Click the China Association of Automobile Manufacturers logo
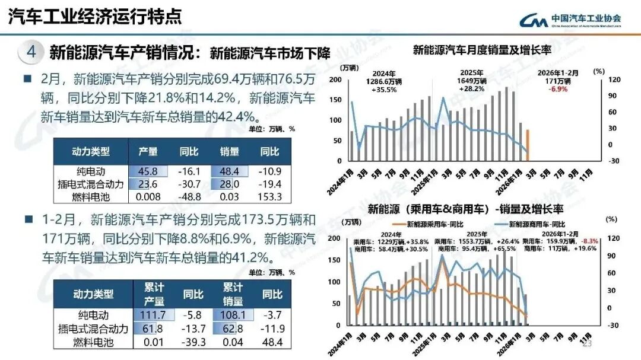pyautogui.click(x=570, y=20)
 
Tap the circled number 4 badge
pyautogui.click(x=31, y=52)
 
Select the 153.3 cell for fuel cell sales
pyautogui.click(x=269, y=197)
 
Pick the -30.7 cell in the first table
pyautogui.click(x=189, y=184)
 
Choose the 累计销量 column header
pyautogui.click(x=233, y=294)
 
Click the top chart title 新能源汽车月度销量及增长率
pyautogui.click(x=482, y=50)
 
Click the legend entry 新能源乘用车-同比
pyautogui.click(x=436, y=224)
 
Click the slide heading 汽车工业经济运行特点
pyautogui.click(x=95, y=16)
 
